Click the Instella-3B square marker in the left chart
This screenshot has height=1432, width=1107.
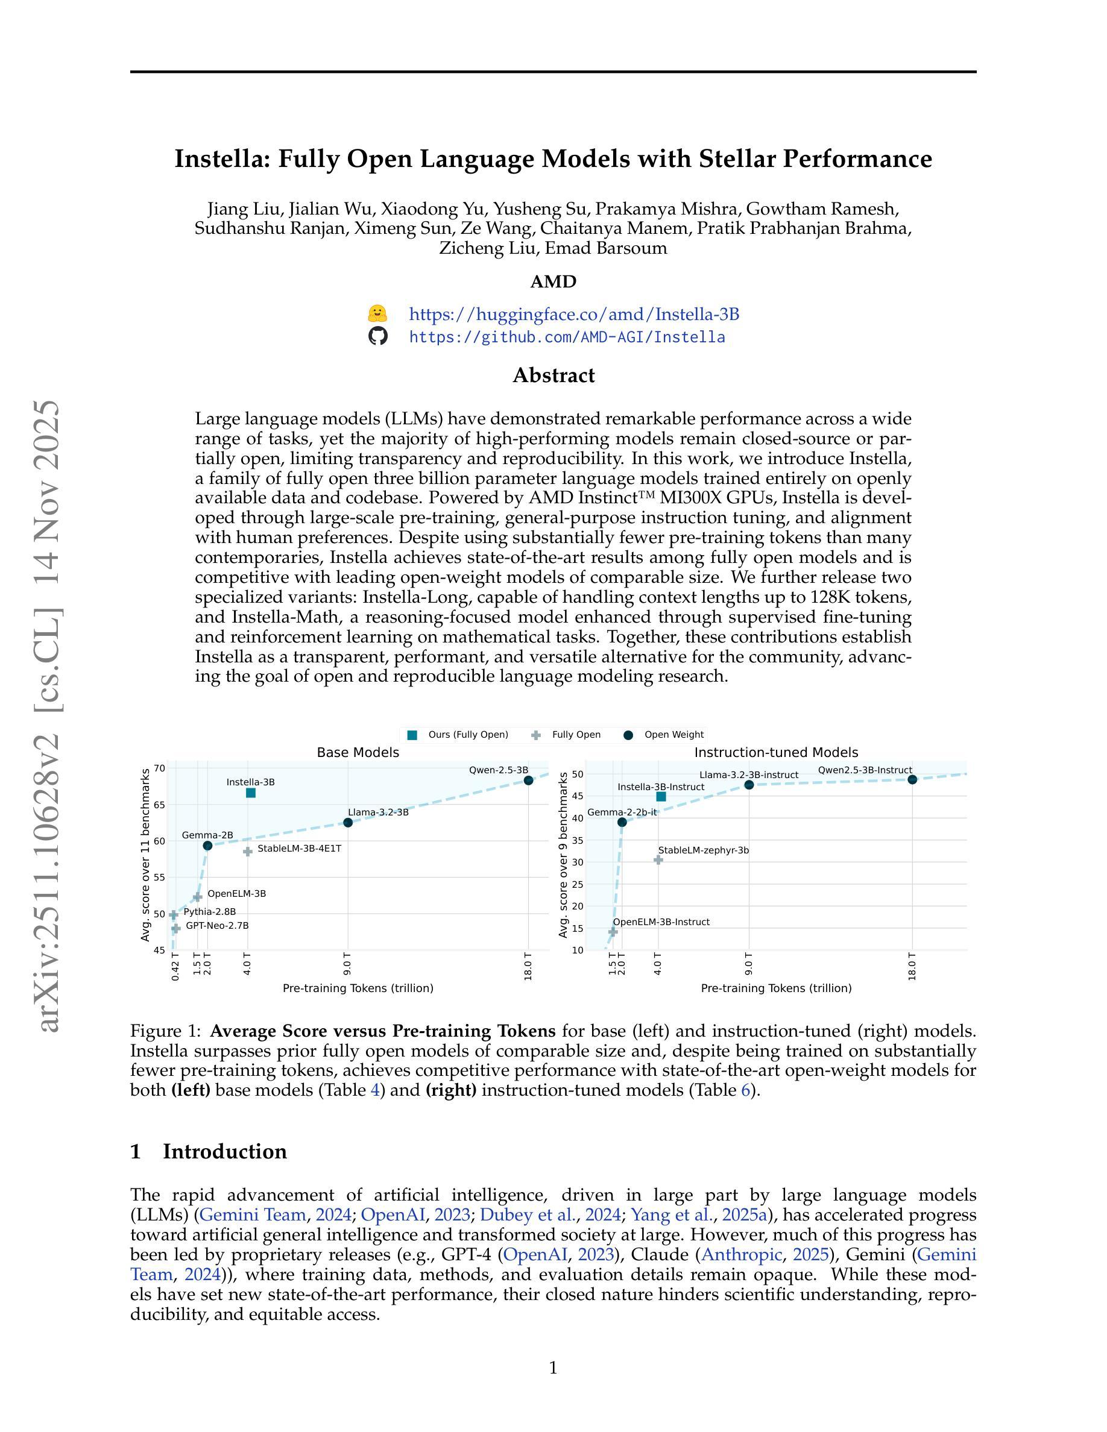point(250,793)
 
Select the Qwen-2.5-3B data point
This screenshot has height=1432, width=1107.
point(528,780)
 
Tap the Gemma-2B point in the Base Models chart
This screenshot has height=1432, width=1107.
point(207,846)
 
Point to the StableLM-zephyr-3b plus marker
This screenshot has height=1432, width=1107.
point(658,859)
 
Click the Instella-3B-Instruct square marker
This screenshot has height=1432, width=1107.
point(661,797)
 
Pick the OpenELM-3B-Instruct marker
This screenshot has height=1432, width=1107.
point(613,932)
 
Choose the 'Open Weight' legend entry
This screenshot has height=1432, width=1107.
point(664,734)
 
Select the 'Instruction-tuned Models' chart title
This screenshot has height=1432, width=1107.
point(776,753)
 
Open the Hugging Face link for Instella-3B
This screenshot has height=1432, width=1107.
point(574,314)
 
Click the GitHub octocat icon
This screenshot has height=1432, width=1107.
point(378,336)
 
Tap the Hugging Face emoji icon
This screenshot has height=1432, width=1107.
point(378,313)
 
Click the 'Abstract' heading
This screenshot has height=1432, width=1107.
point(553,375)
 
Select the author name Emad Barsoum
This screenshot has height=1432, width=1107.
point(606,248)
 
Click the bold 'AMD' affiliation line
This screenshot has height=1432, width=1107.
point(553,281)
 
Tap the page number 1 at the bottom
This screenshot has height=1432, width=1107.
point(553,1368)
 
